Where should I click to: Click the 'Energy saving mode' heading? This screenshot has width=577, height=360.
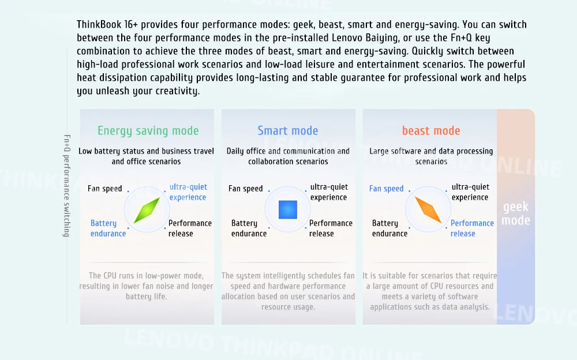click(148, 131)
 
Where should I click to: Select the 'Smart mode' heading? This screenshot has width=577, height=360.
click(288, 131)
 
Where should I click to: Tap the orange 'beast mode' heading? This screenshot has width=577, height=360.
click(431, 131)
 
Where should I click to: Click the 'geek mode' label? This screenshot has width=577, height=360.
click(515, 213)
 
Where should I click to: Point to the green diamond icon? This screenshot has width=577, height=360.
click(147, 210)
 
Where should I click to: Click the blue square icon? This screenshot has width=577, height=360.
click(288, 209)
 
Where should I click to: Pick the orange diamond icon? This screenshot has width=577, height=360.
click(428, 209)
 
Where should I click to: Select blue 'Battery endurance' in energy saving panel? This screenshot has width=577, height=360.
click(108, 228)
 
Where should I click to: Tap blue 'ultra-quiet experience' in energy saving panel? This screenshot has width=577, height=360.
click(188, 192)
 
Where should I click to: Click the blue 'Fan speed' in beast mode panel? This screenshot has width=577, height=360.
click(386, 189)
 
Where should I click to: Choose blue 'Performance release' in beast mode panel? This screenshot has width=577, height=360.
click(472, 228)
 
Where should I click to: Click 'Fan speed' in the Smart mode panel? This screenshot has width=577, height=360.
click(246, 189)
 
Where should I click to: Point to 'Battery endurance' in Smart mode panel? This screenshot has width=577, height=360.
click(249, 228)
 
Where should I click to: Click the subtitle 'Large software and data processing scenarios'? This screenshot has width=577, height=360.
click(431, 156)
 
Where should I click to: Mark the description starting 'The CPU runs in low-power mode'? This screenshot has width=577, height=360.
click(147, 286)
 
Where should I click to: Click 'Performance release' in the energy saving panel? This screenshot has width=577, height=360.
click(190, 228)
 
